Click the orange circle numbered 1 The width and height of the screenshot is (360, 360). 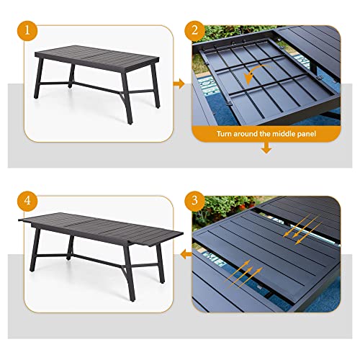(27, 31)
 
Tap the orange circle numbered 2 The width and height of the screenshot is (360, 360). (194, 31)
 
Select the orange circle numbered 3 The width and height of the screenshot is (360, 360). (194, 201)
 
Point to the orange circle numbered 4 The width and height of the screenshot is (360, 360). (27, 201)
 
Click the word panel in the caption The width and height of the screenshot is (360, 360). (307, 134)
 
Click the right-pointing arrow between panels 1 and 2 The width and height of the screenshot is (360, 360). (179, 84)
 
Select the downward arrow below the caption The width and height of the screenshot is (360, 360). (266, 148)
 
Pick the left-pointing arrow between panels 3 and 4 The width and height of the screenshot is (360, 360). (186, 254)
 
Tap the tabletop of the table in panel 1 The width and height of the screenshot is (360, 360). (97, 57)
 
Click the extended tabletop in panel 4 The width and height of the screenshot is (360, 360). (101, 229)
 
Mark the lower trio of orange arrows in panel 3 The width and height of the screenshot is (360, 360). (243, 274)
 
